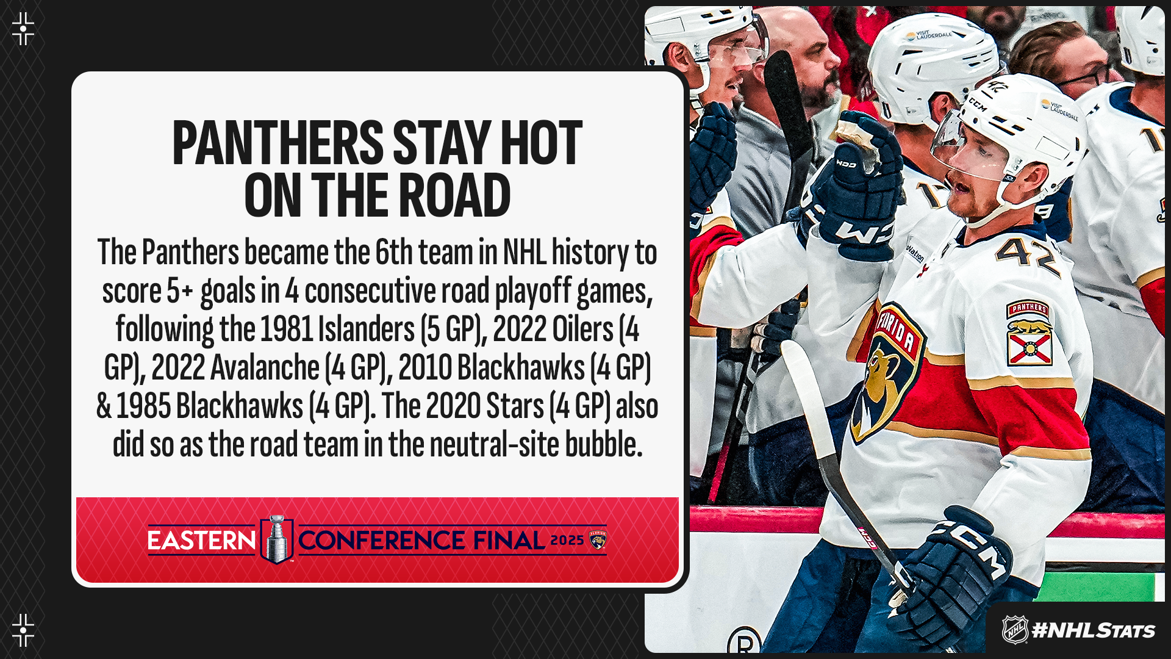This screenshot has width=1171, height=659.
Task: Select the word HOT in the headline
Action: [542, 143]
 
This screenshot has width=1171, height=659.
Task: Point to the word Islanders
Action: [366, 329]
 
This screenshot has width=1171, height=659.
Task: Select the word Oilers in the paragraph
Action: [583, 329]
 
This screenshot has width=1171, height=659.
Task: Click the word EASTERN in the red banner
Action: [201, 541]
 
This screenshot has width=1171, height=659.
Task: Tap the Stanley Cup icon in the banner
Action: [277, 539]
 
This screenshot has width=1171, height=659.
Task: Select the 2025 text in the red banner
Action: [567, 541]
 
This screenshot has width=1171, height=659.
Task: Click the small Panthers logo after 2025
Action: [598, 540]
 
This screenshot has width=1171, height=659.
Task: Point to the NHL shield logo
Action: [1015, 630]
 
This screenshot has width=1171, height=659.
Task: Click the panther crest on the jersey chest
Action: [884, 372]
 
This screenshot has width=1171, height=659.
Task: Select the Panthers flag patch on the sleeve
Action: [1030, 333]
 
